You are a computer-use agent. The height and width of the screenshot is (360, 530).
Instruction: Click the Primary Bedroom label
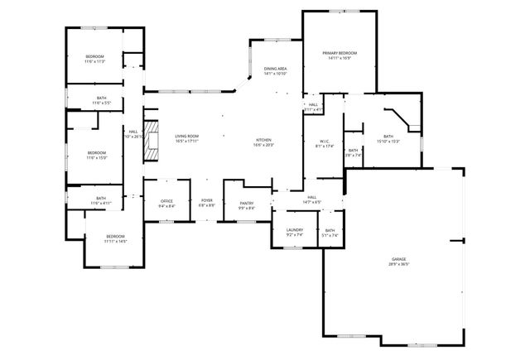339,55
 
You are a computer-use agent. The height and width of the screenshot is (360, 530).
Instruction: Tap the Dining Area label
275,71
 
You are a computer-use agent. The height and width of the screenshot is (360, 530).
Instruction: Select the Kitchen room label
263,142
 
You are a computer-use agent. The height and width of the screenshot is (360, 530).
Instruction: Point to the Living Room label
186,138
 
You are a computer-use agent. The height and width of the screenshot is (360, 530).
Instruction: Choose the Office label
166,204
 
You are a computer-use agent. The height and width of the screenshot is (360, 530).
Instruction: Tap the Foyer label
207,203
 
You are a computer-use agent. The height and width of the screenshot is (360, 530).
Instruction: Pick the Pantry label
247,205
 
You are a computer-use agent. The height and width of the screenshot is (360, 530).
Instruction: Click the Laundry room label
295,232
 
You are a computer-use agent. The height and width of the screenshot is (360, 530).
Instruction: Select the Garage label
399,262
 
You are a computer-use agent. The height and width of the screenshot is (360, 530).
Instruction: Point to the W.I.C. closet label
324,144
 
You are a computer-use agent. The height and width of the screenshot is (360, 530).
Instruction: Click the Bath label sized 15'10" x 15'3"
388,138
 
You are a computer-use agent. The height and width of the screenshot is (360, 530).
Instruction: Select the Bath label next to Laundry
330,233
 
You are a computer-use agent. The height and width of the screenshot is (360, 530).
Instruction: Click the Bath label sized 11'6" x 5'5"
101,100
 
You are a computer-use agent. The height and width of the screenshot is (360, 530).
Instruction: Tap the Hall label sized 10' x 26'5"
132,133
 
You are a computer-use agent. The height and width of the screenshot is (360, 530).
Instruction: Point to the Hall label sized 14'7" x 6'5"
312,199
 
